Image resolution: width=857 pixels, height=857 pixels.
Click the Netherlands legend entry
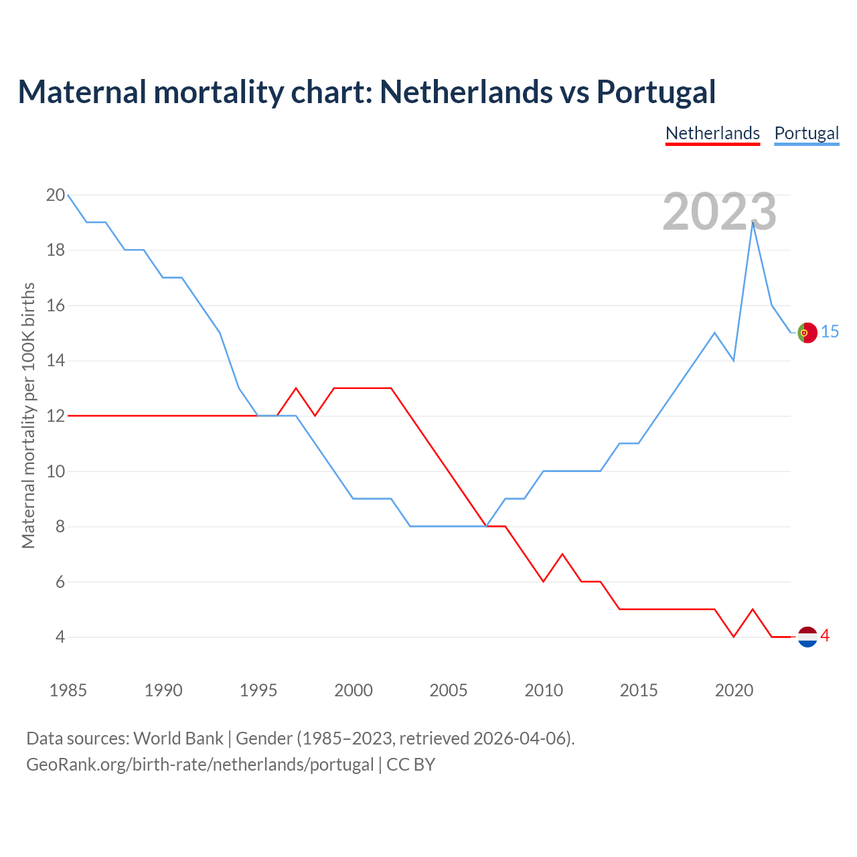pyautogui.click(x=712, y=133)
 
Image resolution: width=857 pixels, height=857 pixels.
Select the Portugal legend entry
pyautogui.click(x=806, y=133)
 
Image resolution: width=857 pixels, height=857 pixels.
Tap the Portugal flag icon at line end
pyautogui.click(x=807, y=333)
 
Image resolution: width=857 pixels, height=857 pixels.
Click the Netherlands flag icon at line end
pyautogui.click(x=807, y=637)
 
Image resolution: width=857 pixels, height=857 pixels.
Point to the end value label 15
pyautogui.click(x=830, y=331)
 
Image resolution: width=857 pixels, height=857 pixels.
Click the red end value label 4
pyautogui.click(x=826, y=636)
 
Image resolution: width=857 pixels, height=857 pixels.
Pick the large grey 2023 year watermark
pyautogui.click(x=719, y=212)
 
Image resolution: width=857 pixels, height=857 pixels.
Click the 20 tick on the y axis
pyautogui.click(x=56, y=196)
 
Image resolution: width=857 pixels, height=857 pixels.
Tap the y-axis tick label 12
pyautogui.click(x=56, y=416)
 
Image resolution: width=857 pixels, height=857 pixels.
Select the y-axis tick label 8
pyautogui.click(x=60, y=527)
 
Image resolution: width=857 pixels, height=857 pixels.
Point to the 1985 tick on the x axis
pyautogui.click(x=68, y=690)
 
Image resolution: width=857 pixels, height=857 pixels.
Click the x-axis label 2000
pyautogui.click(x=354, y=690)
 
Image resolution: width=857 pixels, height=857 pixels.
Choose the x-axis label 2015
pyautogui.click(x=639, y=690)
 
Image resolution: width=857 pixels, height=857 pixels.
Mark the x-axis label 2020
pyautogui.click(x=734, y=690)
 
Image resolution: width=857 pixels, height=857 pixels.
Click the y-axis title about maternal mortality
pyautogui.click(x=28, y=415)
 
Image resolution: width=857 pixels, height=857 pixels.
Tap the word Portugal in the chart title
pyautogui.click(x=656, y=92)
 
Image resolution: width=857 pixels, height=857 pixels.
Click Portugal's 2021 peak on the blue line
pyautogui.click(x=753, y=222)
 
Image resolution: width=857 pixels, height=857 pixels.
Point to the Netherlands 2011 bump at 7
pyautogui.click(x=562, y=554)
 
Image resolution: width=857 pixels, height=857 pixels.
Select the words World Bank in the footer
pyautogui.click(x=178, y=738)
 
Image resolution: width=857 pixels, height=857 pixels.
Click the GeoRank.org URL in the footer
pyautogui.click(x=200, y=765)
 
